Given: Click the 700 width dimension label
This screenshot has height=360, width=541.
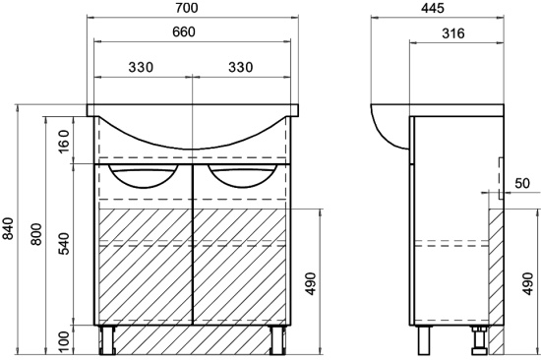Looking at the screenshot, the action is click(187, 8).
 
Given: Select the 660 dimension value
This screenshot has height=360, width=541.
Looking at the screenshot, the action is click(184, 31).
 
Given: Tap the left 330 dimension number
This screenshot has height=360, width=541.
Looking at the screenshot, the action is click(141, 67).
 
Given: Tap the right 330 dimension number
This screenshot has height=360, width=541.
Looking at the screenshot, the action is click(240, 67).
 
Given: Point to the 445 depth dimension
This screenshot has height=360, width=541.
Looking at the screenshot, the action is click(433, 8).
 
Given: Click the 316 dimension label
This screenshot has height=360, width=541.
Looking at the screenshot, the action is click(453, 33).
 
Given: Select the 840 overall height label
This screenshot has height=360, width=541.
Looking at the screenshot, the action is click(8, 228).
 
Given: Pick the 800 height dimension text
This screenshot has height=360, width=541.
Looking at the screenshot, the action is click(35, 234).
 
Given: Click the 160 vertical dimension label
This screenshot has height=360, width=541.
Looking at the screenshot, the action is click(64, 142).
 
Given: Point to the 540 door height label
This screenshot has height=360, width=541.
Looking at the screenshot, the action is click(64, 244).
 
